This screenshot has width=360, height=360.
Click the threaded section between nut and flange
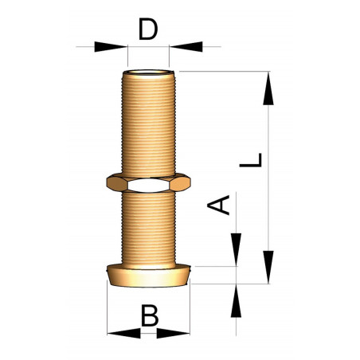(x=148, y=227)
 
